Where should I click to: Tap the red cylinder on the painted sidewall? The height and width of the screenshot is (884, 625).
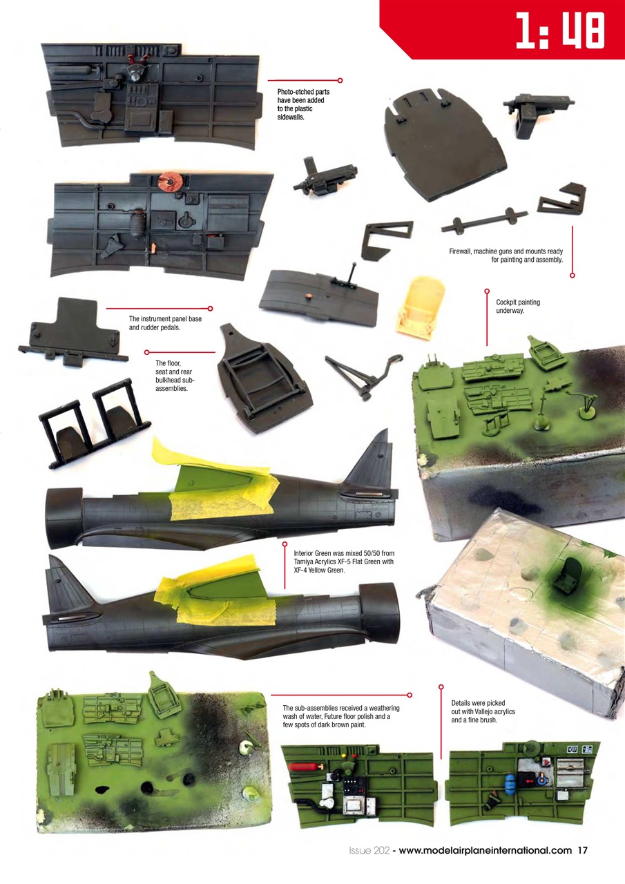tap(303, 767)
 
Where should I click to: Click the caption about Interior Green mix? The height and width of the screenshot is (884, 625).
tap(343, 562)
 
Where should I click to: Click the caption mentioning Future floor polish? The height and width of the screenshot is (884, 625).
tap(341, 717)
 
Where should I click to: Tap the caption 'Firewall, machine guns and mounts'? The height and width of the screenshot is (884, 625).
tap(506, 256)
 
